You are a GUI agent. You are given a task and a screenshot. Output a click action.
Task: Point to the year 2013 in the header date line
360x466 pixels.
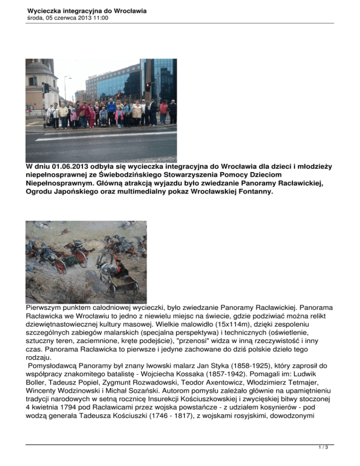click(82, 18)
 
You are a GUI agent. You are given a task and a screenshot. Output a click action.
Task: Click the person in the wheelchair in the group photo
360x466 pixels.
click(103, 117)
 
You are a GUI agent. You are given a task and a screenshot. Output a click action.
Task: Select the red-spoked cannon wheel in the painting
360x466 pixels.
click(60, 265)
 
